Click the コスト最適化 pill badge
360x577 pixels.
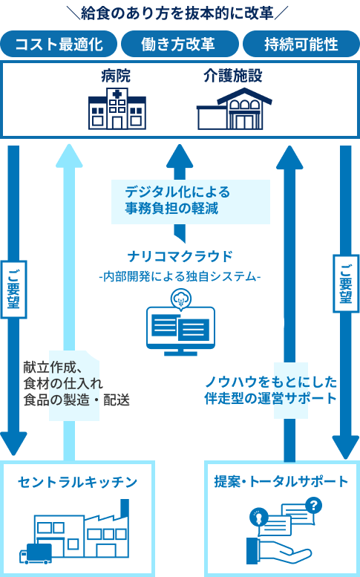click(x=59, y=44)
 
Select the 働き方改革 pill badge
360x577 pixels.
click(x=180, y=44)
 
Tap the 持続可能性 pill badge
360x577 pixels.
click(x=301, y=44)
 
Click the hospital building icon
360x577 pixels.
click(x=117, y=108)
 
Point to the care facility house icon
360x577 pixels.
click(x=234, y=108)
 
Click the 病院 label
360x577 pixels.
click(x=116, y=76)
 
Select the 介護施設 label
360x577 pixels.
click(x=233, y=76)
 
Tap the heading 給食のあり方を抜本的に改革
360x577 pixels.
click(x=177, y=13)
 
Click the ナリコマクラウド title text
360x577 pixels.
click(x=180, y=256)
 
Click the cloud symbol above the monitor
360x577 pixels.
click(x=180, y=299)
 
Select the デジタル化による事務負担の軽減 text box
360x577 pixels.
click(x=191, y=202)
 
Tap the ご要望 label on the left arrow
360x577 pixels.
click(x=14, y=290)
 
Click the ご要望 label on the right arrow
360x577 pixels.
click(x=346, y=284)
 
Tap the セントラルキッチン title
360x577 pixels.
click(x=78, y=483)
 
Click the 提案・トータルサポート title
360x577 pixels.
click(x=281, y=482)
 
